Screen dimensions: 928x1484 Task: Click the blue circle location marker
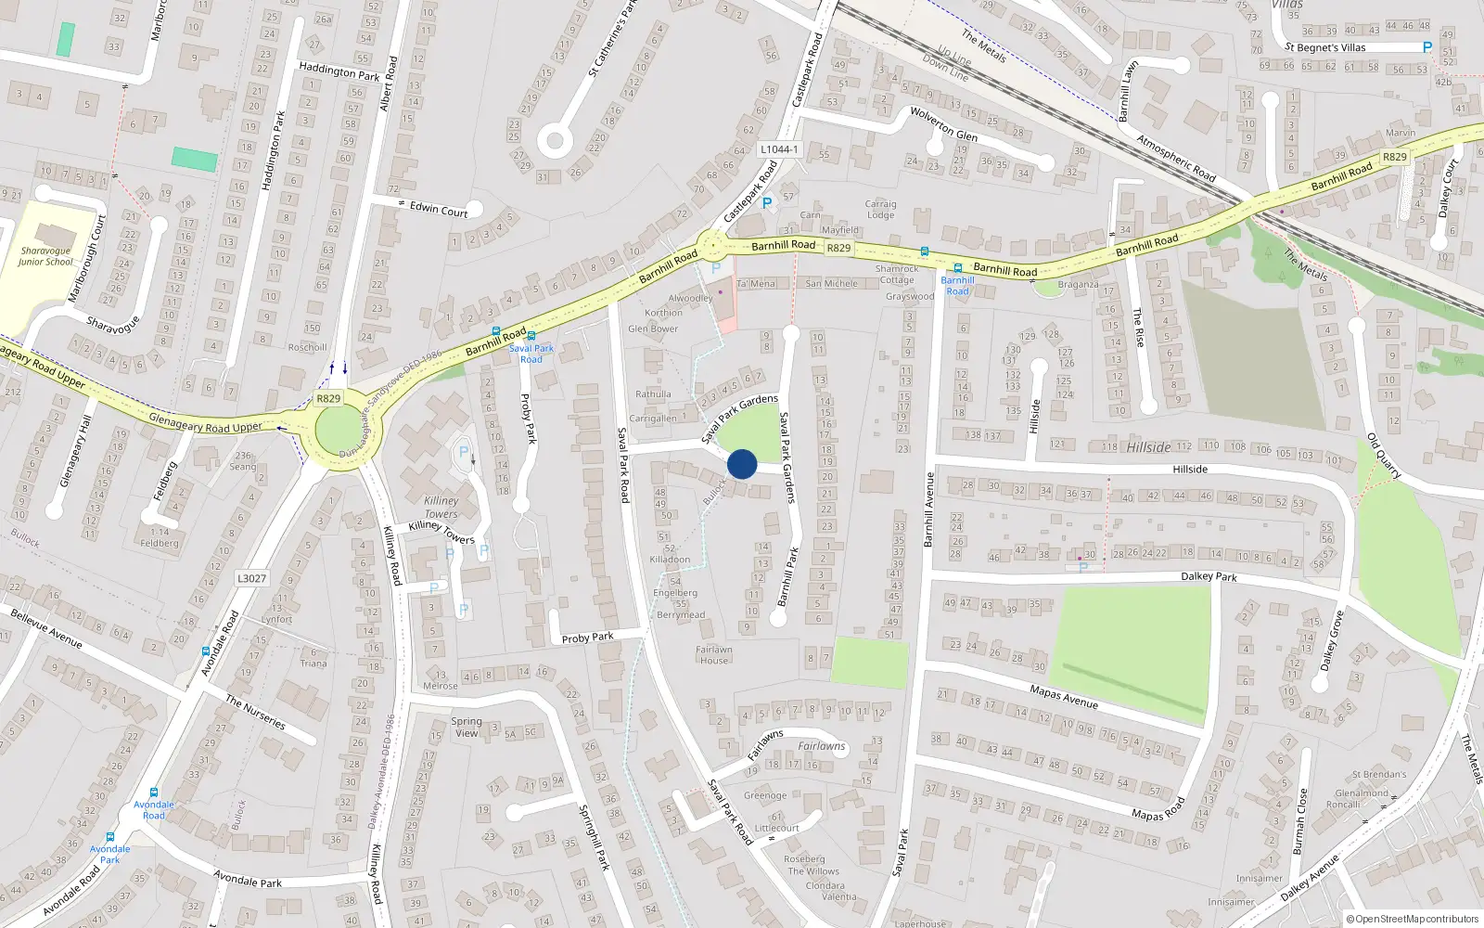tap(742, 464)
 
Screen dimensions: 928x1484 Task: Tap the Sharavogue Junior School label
tap(45, 256)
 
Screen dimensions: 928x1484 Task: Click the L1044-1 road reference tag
tap(778, 149)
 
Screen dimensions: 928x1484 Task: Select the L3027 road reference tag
tap(251, 578)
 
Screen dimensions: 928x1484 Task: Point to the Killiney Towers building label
tap(441, 507)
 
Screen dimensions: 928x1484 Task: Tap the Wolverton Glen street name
tap(943, 123)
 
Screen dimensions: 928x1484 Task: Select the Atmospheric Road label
tap(1176, 158)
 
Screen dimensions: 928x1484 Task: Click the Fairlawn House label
tap(714, 655)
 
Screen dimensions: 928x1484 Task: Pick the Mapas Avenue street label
tap(1064, 696)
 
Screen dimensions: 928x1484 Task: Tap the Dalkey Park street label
tap(1209, 576)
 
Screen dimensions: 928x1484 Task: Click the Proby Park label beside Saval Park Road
tap(587, 638)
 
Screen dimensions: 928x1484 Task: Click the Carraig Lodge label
tap(880, 210)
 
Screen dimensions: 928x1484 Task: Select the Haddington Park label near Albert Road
tap(339, 71)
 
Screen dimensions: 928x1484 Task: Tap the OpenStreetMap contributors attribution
tap(1413, 919)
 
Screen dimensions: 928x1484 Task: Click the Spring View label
tap(467, 727)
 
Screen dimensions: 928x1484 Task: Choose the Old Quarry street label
tap(1384, 456)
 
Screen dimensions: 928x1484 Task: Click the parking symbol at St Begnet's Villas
tap(1426, 47)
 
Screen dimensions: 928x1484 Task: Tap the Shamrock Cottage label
tap(897, 275)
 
